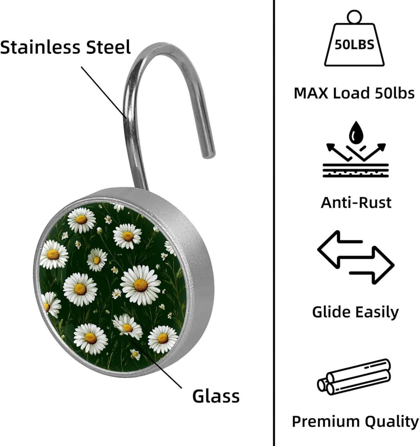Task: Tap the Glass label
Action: pos(216,396)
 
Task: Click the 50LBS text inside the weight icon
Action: pos(354,45)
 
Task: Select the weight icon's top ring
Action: pos(354,16)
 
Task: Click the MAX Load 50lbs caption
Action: pos(354,93)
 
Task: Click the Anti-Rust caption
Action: pos(356,203)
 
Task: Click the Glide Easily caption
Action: pos(355,312)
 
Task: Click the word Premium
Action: pos(326,422)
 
